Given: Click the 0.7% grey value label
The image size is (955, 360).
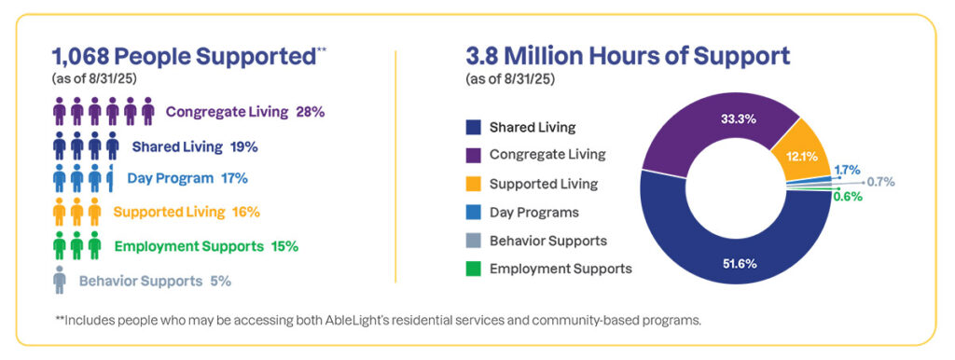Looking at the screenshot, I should click(x=882, y=182).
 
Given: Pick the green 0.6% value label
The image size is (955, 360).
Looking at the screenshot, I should click(x=848, y=196).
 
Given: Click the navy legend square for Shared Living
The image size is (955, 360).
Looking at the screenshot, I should click(x=473, y=127).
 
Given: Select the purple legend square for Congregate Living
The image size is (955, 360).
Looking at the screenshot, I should click(x=473, y=155).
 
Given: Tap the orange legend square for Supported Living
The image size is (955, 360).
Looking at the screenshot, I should click(x=473, y=184).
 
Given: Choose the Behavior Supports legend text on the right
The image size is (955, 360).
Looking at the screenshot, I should click(x=548, y=241).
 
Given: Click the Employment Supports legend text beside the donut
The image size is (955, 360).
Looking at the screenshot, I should click(x=561, y=269).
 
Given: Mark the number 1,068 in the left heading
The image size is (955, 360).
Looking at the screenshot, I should click(x=85, y=56).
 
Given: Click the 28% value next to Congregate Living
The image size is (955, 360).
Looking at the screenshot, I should click(x=309, y=112).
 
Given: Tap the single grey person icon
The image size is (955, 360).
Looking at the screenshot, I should click(x=60, y=280).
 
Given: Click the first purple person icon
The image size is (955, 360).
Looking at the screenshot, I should click(x=60, y=113).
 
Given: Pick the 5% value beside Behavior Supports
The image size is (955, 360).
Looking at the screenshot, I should click(x=220, y=280).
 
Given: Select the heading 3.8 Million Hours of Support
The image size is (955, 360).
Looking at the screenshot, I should click(x=628, y=56).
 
